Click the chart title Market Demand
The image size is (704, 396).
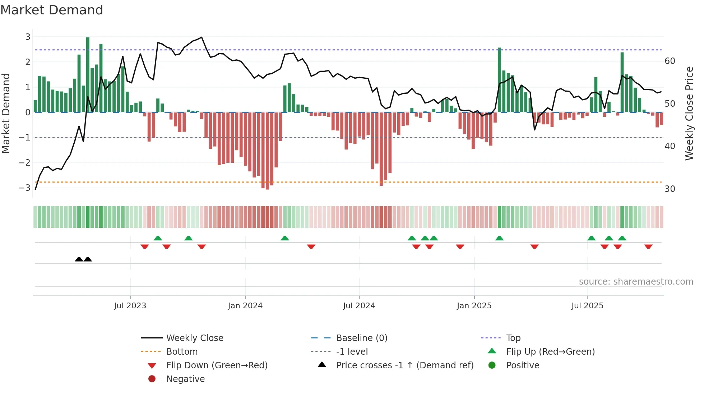pyautogui.click(x=52, y=10)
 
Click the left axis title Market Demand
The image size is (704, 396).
pyautogui.click(x=6, y=113)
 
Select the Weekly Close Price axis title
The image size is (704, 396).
pyautogui.click(x=689, y=113)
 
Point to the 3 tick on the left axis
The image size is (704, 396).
pyautogui.click(x=28, y=37)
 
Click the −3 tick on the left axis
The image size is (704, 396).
pyautogui.click(x=25, y=188)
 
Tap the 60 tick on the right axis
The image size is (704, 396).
pyautogui.click(x=670, y=61)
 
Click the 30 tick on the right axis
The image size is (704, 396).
pyautogui.click(x=670, y=189)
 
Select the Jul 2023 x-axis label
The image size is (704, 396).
pyautogui.click(x=130, y=306)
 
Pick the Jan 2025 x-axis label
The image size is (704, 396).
pyautogui.click(x=474, y=306)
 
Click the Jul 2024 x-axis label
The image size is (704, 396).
pyautogui.click(x=359, y=306)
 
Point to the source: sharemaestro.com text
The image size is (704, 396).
pyautogui.click(x=636, y=281)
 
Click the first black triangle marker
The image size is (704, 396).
pyautogui.click(x=79, y=259)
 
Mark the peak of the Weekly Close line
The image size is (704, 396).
pyautogui.click(x=202, y=37)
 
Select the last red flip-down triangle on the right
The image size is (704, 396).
pyautogui.click(x=648, y=247)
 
